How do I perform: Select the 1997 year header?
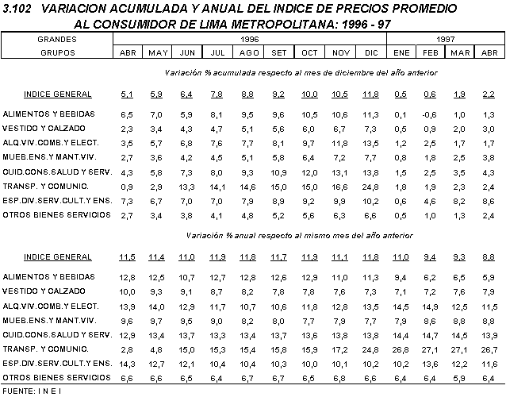click(446, 38)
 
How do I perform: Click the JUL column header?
click(217, 52)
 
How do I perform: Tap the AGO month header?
click(249, 52)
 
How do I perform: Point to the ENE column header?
click(401, 52)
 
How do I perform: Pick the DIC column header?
click(371, 52)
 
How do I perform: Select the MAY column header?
click(158, 52)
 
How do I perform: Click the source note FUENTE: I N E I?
click(32, 391)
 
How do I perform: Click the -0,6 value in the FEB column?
click(428, 115)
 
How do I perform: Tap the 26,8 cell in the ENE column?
click(401, 349)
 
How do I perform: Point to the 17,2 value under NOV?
click(339, 349)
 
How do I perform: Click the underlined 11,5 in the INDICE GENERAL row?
click(127, 257)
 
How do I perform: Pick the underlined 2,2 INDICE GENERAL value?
click(490, 94)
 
